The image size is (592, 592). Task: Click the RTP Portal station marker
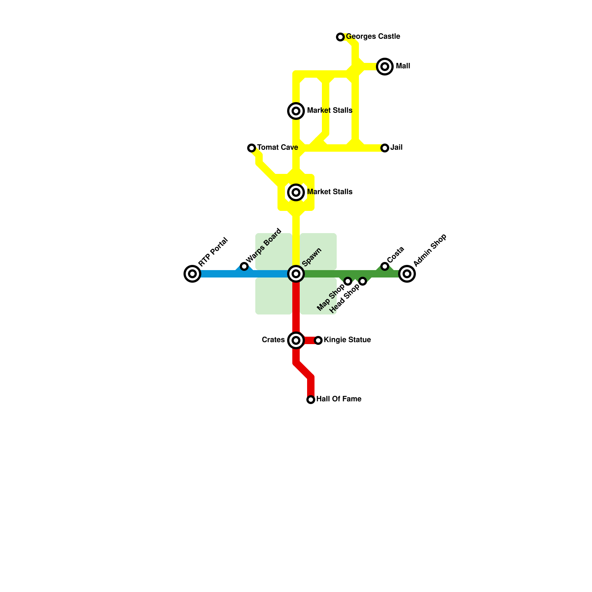(192, 274)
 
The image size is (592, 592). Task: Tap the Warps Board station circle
(244, 266)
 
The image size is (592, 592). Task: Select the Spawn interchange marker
(296, 274)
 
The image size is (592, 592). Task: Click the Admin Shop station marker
(407, 274)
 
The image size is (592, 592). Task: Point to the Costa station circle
(385, 266)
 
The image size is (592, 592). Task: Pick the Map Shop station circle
(348, 281)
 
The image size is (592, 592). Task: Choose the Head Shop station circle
(363, 281)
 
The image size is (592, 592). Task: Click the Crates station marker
(296, 340)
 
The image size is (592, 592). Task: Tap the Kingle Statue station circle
(318, 340)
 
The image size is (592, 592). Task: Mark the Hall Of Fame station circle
(311, 400)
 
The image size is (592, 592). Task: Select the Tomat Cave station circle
(252, 148)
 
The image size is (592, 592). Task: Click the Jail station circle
(385, 148)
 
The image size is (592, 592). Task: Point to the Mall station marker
(385, 67)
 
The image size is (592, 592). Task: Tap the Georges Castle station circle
(340, 37)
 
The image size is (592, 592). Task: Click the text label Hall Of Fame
(339, 399)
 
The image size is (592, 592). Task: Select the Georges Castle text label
(373, 37)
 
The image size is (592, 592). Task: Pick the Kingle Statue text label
(347, 340)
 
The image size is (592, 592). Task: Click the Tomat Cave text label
(277, 148)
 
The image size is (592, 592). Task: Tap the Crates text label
(273, 340)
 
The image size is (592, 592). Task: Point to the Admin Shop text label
(430, 250)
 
